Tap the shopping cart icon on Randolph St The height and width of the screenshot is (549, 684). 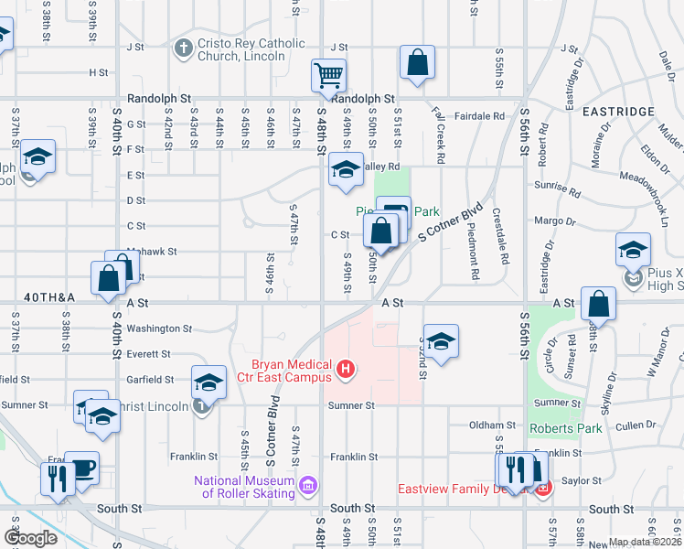click(x=328, y=76)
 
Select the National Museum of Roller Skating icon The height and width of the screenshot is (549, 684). click(x=308, y=483)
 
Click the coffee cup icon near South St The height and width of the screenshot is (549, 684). click(x=81, y=468)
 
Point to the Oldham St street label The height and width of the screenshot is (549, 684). click(x=492, y=425)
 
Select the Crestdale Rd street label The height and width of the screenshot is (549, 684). click(x=500, y=233)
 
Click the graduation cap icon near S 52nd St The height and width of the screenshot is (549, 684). click(x=441, y=342)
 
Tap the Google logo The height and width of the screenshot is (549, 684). click(x=31, y=538)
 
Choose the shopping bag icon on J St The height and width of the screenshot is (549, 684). click(x=417, y=63)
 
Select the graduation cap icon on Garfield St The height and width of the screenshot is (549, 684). click(x=208, y=382)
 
